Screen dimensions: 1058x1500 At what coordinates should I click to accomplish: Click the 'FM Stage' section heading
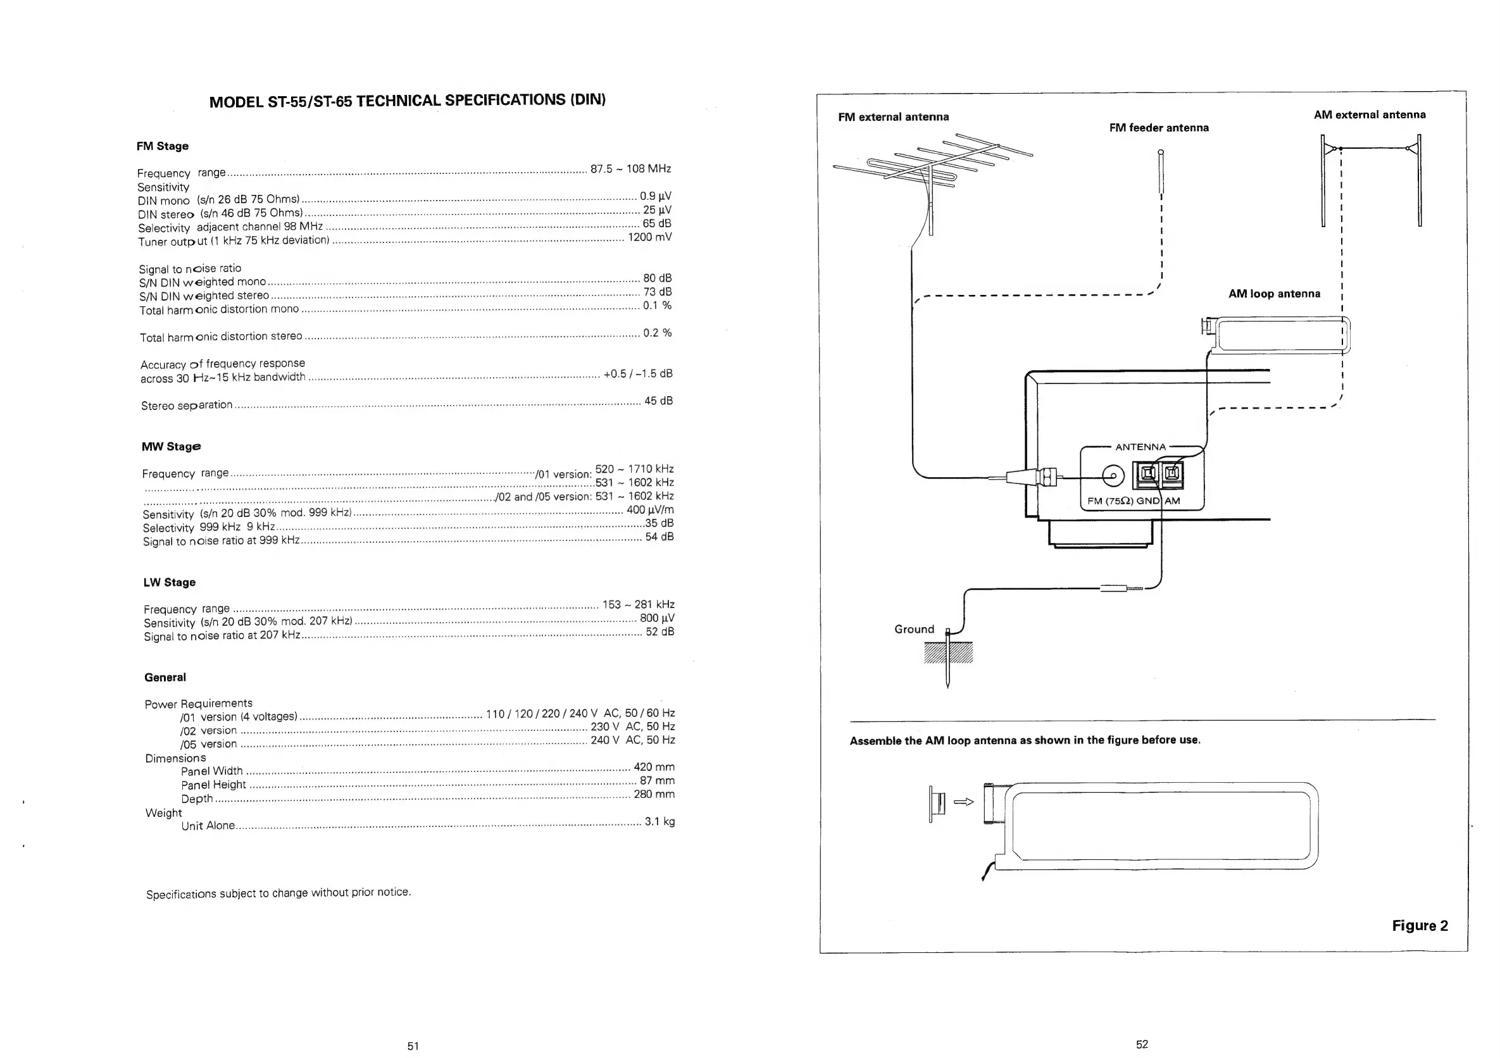tap(163, 146)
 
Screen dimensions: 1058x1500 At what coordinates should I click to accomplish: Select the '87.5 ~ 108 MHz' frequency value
tap(630, 169)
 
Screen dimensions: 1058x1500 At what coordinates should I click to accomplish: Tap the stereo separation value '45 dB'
tap(658, 401)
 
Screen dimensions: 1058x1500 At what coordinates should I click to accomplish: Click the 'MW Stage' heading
tap(171, 447)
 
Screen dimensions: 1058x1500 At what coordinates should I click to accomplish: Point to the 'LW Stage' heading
tap(170, 583)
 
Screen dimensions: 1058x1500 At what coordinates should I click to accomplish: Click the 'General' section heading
tap(165, 678)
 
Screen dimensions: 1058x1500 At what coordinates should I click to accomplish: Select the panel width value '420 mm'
tap(654, 768)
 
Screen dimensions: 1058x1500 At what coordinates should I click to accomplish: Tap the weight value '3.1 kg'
tap(660, 821)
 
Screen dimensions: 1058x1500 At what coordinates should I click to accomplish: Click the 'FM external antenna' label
tap(893, 117)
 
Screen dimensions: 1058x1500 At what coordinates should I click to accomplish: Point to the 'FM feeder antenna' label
tap(1159, 128)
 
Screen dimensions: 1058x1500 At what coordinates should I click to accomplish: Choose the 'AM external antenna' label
tap(1370, 115)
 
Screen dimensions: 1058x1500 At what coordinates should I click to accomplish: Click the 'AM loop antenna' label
tap(1274, 294)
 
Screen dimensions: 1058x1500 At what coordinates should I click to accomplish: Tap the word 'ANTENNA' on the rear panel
tap(1140, 447)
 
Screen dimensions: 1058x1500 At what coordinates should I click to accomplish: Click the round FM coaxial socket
tap(1113, 476)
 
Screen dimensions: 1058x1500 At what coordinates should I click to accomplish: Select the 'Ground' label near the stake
tap(914, 630)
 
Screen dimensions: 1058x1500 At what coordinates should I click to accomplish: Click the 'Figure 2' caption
tap(1420, 925)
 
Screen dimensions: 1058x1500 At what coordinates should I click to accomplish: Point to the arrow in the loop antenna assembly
tap(964, 802)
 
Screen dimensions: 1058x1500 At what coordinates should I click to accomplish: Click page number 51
tap(413, 1045)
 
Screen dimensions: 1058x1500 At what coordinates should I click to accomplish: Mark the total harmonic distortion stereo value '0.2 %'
tap(657, 333)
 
